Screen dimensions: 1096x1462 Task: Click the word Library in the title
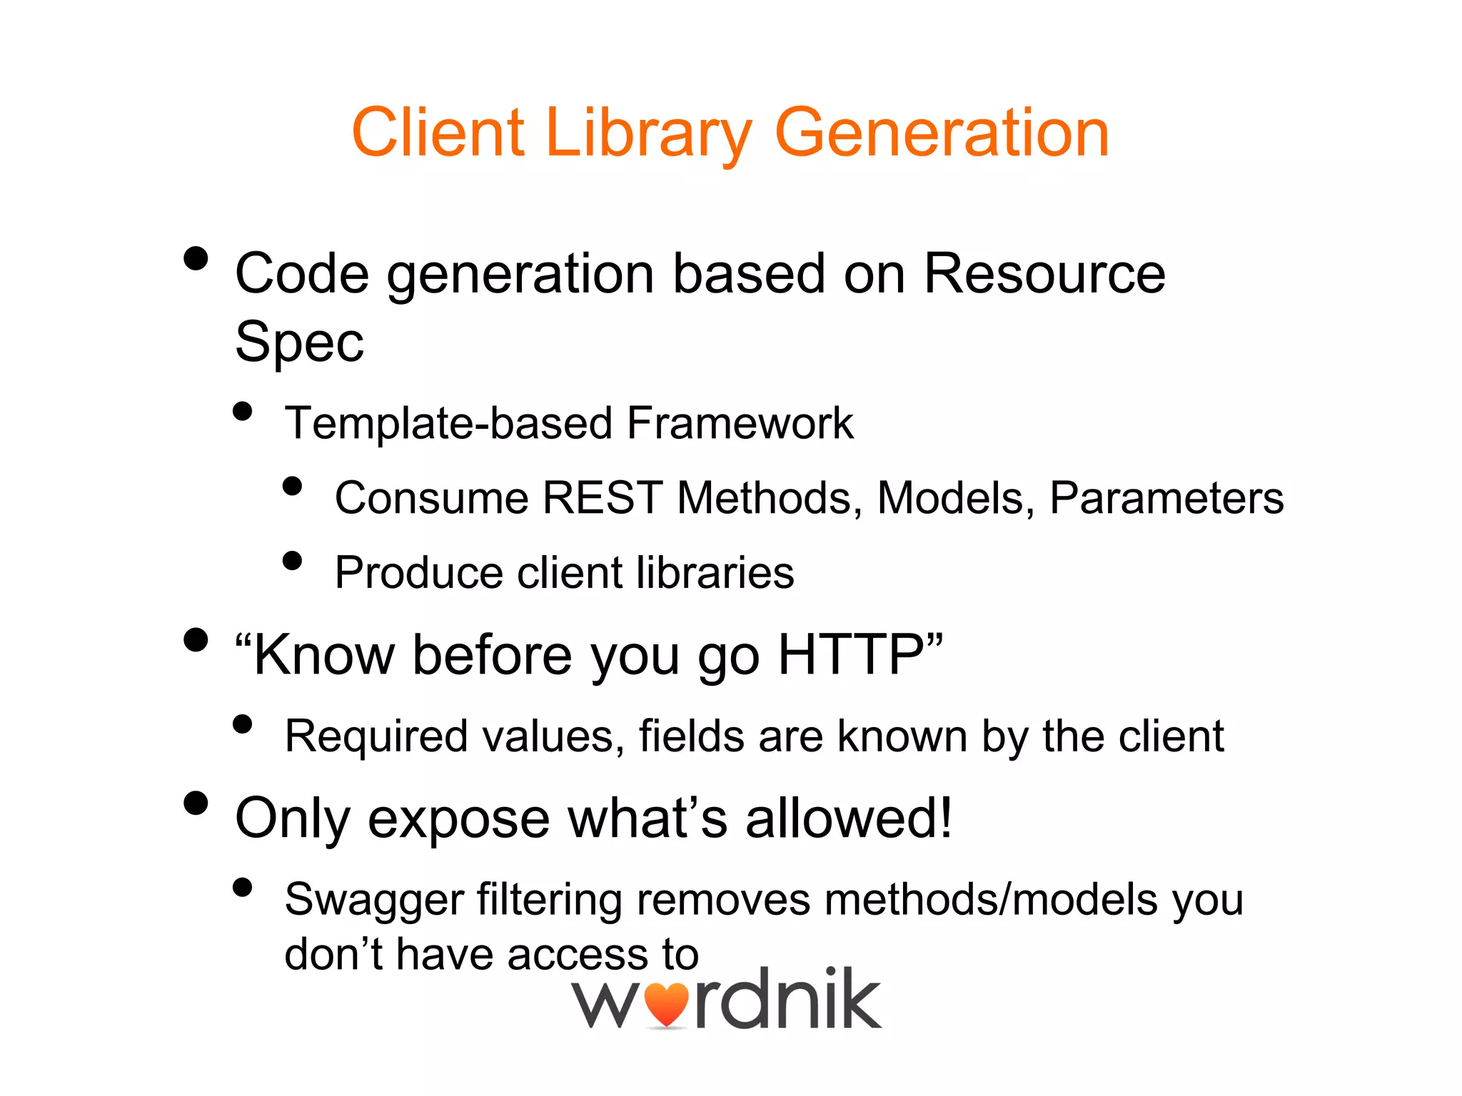tap(648, 133)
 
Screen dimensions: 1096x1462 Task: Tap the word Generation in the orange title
tap(942, 133)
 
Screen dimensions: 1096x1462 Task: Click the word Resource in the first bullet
tap(1044, 274)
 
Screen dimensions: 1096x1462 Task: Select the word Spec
tap(299, 342)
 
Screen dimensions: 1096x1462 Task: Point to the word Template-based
tap(448, 423)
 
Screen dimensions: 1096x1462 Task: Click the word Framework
tap(740, 423)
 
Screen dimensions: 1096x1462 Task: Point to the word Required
tap(376, 736)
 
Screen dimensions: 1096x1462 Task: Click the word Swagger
tap(373, 900)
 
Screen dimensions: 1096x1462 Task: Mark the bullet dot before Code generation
tap(196, 258)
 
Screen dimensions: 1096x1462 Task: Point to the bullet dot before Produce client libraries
tap(292, 560)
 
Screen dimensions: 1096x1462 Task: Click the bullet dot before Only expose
tap(196, 803)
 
